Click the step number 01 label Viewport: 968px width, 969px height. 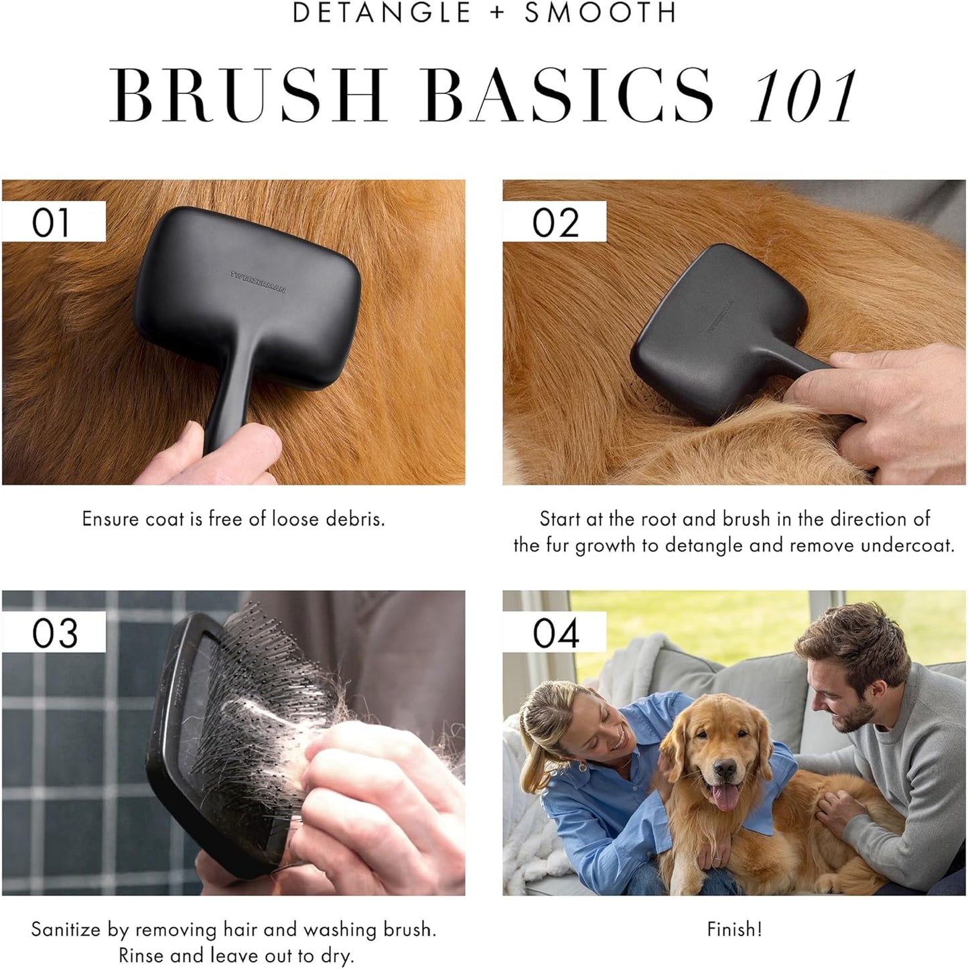point(51,222)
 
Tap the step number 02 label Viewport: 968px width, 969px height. point(555,222)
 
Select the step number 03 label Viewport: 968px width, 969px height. point(54,633)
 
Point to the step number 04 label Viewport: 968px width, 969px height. point(555,633)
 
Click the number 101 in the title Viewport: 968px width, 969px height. point(803,96)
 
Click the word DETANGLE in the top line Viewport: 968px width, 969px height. point(382,13)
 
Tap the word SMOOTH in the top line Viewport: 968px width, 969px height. point(600,13)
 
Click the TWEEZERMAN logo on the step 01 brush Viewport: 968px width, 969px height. point(259,282)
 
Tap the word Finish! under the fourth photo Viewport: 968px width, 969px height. point(734,929)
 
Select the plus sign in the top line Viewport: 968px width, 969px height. point(497,13)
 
